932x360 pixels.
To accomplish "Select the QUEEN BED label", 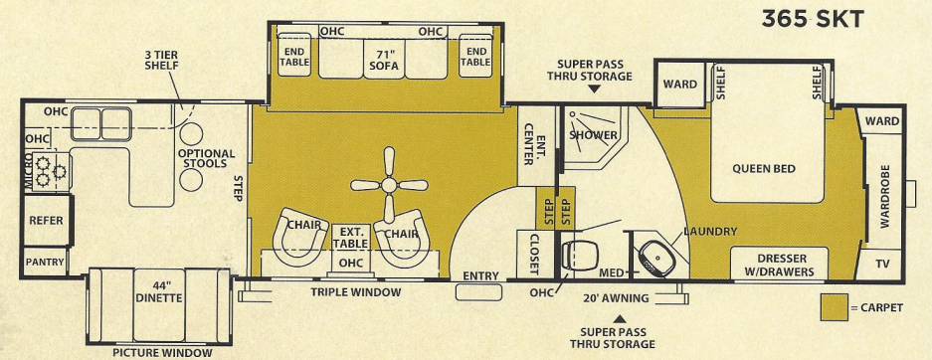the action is (x=764, y=168).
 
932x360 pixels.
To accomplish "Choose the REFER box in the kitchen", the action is (x=45, y=220).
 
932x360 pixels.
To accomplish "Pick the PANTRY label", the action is (x=45, y=262).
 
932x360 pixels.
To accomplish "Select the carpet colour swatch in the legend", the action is (x=835, y=308).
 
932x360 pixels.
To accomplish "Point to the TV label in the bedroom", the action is (x=881, y=265).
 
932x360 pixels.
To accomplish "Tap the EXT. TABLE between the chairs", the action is (x=350, y=237).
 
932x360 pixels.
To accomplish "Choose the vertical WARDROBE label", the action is (x=885, y=198).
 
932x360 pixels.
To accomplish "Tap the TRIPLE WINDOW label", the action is (x=355, y=292).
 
